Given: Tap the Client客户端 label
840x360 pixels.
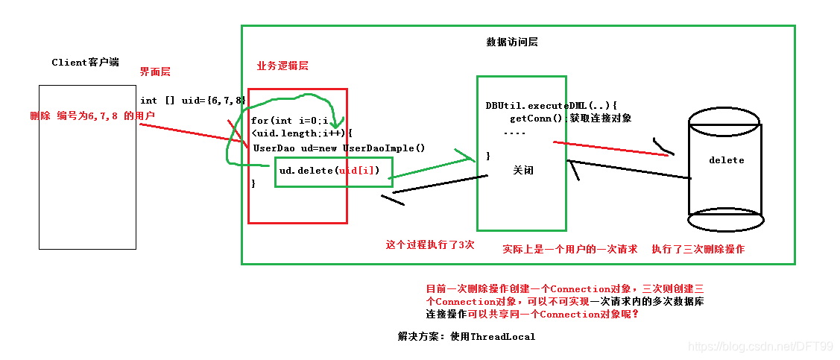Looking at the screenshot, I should coord(85,63).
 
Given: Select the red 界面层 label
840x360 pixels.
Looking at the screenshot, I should coord(155,72).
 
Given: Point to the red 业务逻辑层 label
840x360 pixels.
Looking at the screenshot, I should coord(282,66).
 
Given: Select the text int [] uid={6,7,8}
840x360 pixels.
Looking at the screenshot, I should coord(193,100).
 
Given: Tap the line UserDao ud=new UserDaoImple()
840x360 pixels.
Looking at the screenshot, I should coord(338,148).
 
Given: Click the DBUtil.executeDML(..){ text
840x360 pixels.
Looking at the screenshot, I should coord(552,106).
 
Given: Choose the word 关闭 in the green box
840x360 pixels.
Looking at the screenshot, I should coord(523,171).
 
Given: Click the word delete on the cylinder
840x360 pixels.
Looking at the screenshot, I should coord(726,160).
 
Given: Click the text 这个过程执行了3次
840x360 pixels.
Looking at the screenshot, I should coord(429,244).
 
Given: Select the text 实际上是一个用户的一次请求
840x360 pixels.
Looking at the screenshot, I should coord(569,250).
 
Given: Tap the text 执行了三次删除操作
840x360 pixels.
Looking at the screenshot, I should coord(698,250).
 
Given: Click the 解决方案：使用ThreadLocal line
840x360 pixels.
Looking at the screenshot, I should coord(467,337).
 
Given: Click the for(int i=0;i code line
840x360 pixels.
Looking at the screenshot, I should coord(290,121).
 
